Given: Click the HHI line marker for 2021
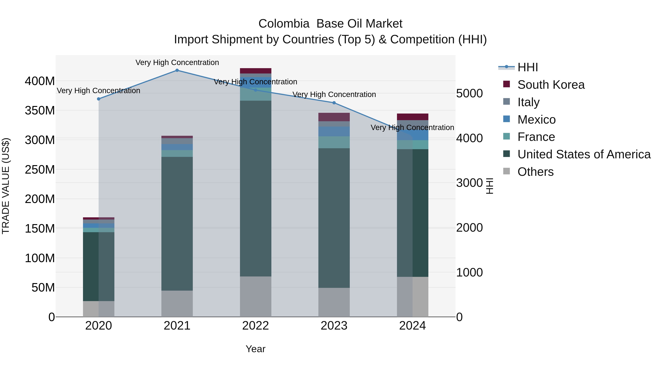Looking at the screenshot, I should (177, 70).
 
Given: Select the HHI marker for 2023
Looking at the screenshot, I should (334, 103).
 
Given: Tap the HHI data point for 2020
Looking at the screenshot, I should (99, 99).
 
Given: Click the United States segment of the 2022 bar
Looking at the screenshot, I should (255, 188).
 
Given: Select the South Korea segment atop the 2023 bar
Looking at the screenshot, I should (334, 117).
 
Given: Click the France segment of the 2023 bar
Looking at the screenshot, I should (334, 142).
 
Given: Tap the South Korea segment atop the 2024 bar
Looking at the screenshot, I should (412, 117).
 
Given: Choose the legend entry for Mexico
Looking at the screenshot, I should (536, 120).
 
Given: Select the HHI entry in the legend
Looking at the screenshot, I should (527, 67).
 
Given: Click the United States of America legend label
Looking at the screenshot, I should (584, 154).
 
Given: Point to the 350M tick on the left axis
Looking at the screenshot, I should (40, 111).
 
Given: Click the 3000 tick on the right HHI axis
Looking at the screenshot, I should (469, 183).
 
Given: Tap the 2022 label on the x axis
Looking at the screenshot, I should (255, 326).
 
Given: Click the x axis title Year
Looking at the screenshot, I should (255, 349).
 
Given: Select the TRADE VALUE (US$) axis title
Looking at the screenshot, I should (6, 186).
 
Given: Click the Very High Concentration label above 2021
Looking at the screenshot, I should (177, 62).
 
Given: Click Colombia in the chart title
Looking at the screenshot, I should (283, 24).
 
